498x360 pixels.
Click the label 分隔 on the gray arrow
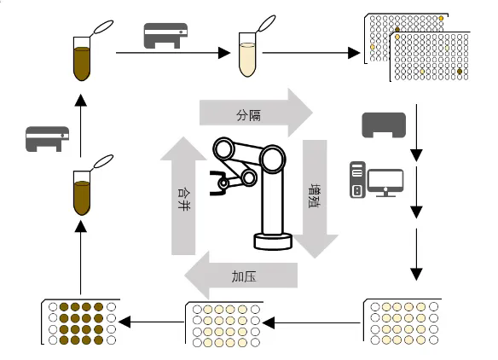248,116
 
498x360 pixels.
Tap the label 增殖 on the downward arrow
315,195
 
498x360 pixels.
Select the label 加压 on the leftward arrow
244,276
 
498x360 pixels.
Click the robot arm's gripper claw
218,183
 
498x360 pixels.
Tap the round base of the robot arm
273,241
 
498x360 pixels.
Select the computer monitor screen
385,182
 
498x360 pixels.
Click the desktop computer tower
357,180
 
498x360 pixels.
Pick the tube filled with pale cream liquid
247,55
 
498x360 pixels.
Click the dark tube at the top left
82,59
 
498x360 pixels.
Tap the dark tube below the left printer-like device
82,193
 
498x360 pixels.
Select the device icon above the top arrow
165,36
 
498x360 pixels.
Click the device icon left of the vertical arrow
47,139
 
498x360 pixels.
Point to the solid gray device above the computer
384,125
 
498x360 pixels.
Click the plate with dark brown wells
81,322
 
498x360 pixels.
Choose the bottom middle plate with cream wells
224,324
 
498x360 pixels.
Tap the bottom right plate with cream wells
402,322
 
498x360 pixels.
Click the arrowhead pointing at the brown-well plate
124,322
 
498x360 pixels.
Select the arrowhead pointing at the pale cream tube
224,53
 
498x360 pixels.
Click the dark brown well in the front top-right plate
460,72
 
